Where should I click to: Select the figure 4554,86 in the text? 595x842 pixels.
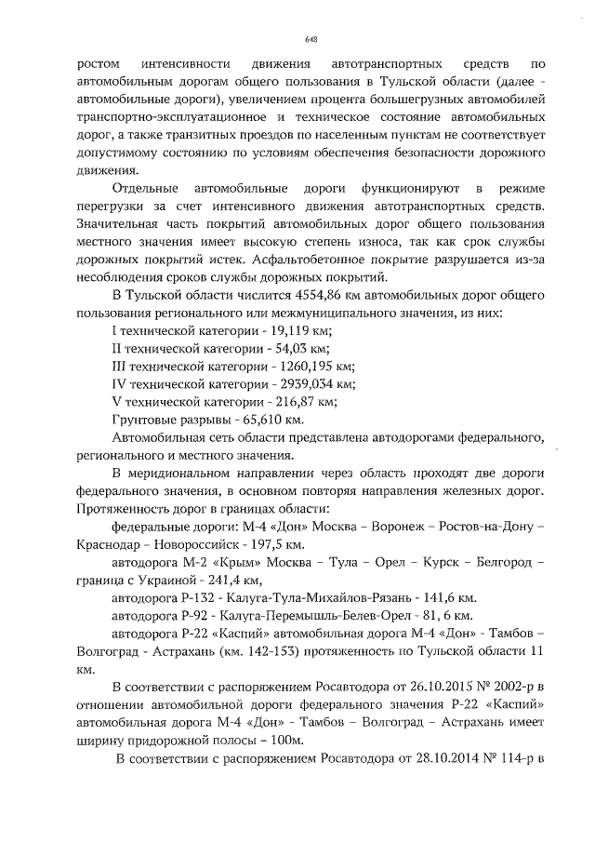(265, 296)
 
